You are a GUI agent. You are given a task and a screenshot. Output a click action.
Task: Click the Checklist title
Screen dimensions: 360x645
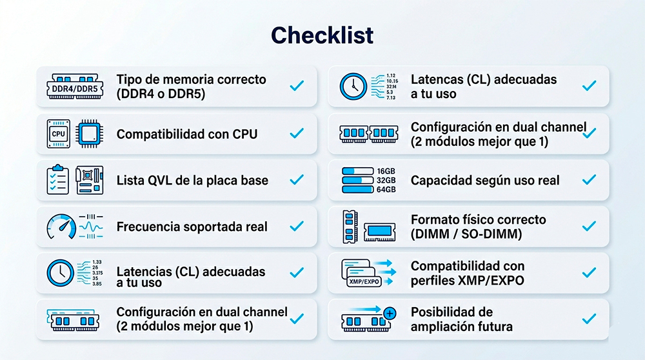coord(322,35)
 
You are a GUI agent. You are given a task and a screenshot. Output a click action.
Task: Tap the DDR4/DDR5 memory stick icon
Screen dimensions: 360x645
coord(75,86)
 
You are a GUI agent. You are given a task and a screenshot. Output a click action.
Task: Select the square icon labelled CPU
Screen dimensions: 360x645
coord(59,134)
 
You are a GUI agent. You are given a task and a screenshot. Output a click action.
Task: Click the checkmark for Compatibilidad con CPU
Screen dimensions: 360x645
coord(297,134)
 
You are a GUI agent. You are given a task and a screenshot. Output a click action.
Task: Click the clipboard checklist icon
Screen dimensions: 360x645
coord(57,180)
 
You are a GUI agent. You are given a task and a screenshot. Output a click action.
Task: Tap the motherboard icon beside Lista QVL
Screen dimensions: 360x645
coord(89,180)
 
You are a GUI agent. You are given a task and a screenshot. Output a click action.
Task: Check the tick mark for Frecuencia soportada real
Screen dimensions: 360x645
coord(297,226)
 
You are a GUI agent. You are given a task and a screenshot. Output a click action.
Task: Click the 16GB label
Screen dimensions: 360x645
coord(386,171)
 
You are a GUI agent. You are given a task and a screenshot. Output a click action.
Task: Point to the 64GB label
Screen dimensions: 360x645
coord(386,190)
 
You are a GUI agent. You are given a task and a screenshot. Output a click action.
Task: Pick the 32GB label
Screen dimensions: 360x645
coord(386,180)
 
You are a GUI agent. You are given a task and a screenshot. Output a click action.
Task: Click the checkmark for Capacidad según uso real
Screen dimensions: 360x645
coord(589,180)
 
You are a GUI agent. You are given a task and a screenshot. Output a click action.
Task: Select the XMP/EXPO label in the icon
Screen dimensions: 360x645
coord(364,282)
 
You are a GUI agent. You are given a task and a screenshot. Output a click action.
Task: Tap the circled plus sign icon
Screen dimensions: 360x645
coord(389,313)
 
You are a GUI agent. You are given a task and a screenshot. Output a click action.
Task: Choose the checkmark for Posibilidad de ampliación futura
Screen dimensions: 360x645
coord(589,319)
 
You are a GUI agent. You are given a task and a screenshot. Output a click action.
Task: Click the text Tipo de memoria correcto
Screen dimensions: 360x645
coord(191,79)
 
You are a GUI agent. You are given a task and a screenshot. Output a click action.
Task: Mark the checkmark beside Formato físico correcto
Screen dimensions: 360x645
coord(589,226)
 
